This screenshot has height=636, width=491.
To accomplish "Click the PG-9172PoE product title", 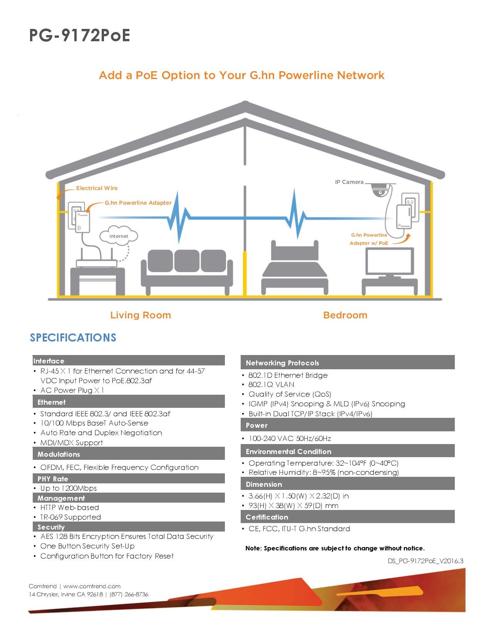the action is tap(80, 35).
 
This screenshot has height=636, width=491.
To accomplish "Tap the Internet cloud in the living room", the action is tap(119, 235).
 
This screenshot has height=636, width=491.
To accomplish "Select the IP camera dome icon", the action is tap(380, 190).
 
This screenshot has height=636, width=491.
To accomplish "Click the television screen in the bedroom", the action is tap(390, 261).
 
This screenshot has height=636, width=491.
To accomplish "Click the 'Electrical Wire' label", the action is tap(97, 188).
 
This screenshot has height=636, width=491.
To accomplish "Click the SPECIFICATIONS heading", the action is tap(73, 337).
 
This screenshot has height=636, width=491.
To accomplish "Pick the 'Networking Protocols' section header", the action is tap(282, 363).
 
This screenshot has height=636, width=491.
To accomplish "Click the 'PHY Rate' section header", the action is tap(53, 479).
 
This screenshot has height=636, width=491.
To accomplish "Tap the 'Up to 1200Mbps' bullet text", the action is tap(69, 488).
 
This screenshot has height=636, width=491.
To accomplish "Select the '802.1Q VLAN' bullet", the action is tap(271, 384).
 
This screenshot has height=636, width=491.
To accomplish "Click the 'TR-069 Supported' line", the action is tap(70, 517).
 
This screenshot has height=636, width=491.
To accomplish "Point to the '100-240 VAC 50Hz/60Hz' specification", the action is tap(290, 438).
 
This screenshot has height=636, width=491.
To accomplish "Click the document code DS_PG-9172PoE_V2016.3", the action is tap(426, 561).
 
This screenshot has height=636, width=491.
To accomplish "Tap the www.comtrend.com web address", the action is tap(92, 586).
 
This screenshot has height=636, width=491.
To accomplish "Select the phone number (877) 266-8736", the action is tap(129, 594).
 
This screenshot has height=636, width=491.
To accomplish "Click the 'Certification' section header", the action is tap(267, 517).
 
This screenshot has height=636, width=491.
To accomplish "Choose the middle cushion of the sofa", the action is tap(187, 261).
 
